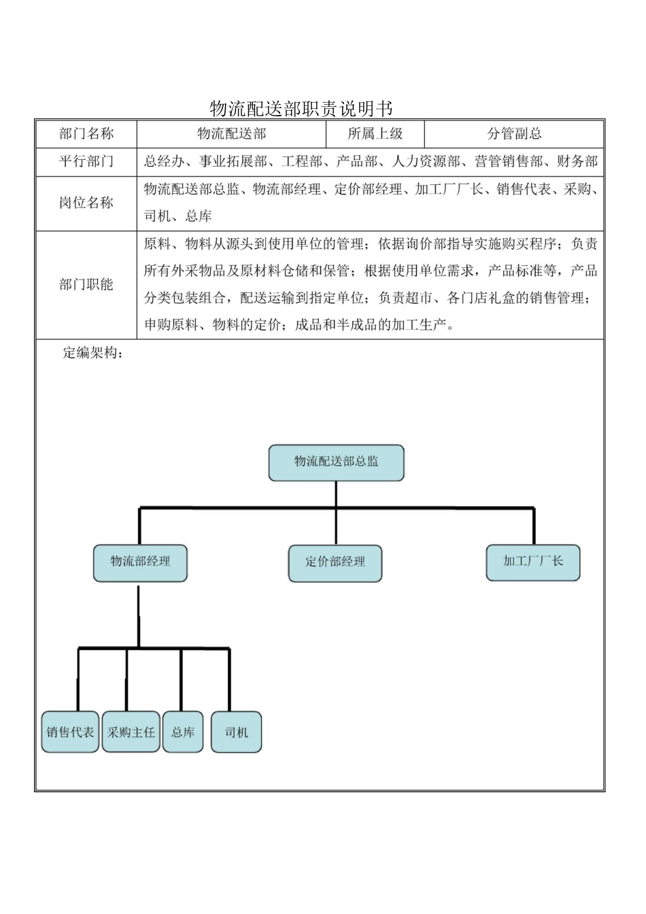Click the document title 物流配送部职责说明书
pos(301,108)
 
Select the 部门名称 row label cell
pos(86,134)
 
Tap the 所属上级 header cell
pos(375,134)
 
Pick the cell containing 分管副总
pos(515,134)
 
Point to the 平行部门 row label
pos(86,162)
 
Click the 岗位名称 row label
pos(86,203)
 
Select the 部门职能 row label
pos(86,284)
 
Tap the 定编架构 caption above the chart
pos(92,353)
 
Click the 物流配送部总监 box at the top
pos(337,462)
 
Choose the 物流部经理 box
pos(140,562)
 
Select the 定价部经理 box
pos(335,562)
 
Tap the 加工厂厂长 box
pos(533,562)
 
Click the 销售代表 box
pos(70,732)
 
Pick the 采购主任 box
pos(131,732)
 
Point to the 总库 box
pos(183,732)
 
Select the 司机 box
pos(237,732)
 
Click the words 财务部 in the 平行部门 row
pos(577,162)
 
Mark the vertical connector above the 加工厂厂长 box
pos(534,526)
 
